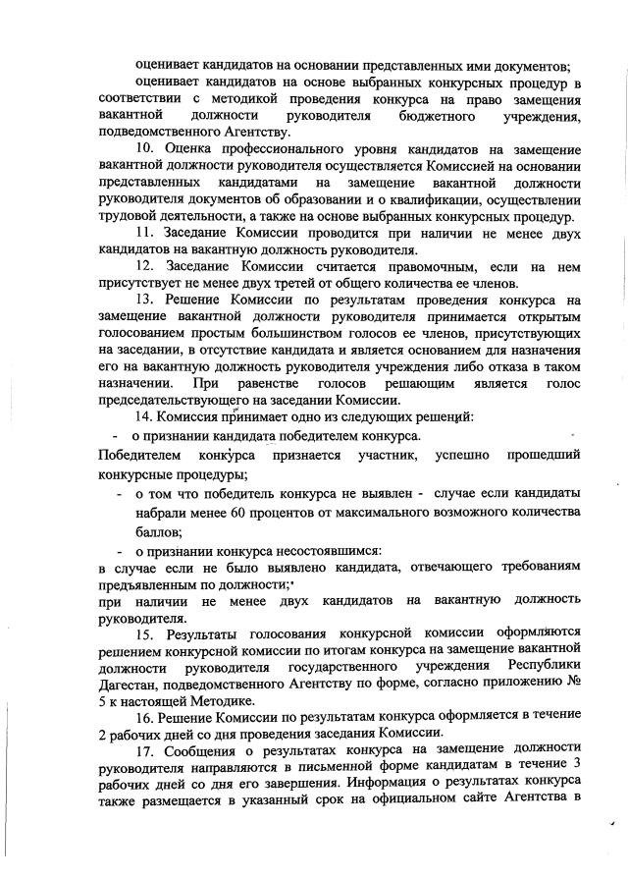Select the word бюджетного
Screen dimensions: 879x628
[x=428, y=117]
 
